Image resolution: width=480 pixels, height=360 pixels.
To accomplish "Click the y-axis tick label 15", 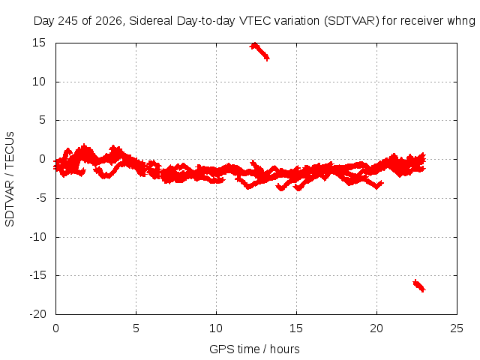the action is [39, 43].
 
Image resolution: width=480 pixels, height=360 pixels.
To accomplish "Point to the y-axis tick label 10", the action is [39, 82].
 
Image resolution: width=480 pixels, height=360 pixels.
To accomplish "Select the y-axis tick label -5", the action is [40, 198].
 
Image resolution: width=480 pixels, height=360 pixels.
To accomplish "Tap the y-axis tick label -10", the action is [37, 237].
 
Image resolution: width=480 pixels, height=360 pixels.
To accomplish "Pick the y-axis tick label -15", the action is [37, 275].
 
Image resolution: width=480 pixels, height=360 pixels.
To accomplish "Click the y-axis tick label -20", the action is [37, 314].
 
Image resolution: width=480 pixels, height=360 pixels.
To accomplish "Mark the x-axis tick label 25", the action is [457, 328].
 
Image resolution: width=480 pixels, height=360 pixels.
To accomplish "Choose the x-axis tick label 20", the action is [376, 328].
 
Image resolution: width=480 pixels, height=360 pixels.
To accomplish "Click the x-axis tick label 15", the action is [296, 328].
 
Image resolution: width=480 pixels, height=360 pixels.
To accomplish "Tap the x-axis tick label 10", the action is [216, 328].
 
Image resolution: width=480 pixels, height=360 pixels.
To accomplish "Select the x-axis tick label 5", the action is [136, 328].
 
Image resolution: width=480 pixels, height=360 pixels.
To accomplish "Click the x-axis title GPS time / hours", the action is [254, 349].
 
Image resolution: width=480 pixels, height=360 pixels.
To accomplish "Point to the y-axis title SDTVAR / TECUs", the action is [10, 179].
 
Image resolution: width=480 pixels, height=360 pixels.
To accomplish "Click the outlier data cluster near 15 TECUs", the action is [260, 51].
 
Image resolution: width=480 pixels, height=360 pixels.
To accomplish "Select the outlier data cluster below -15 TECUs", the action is [418, 286].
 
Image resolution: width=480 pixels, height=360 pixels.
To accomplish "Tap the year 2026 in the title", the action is [109, 21].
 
